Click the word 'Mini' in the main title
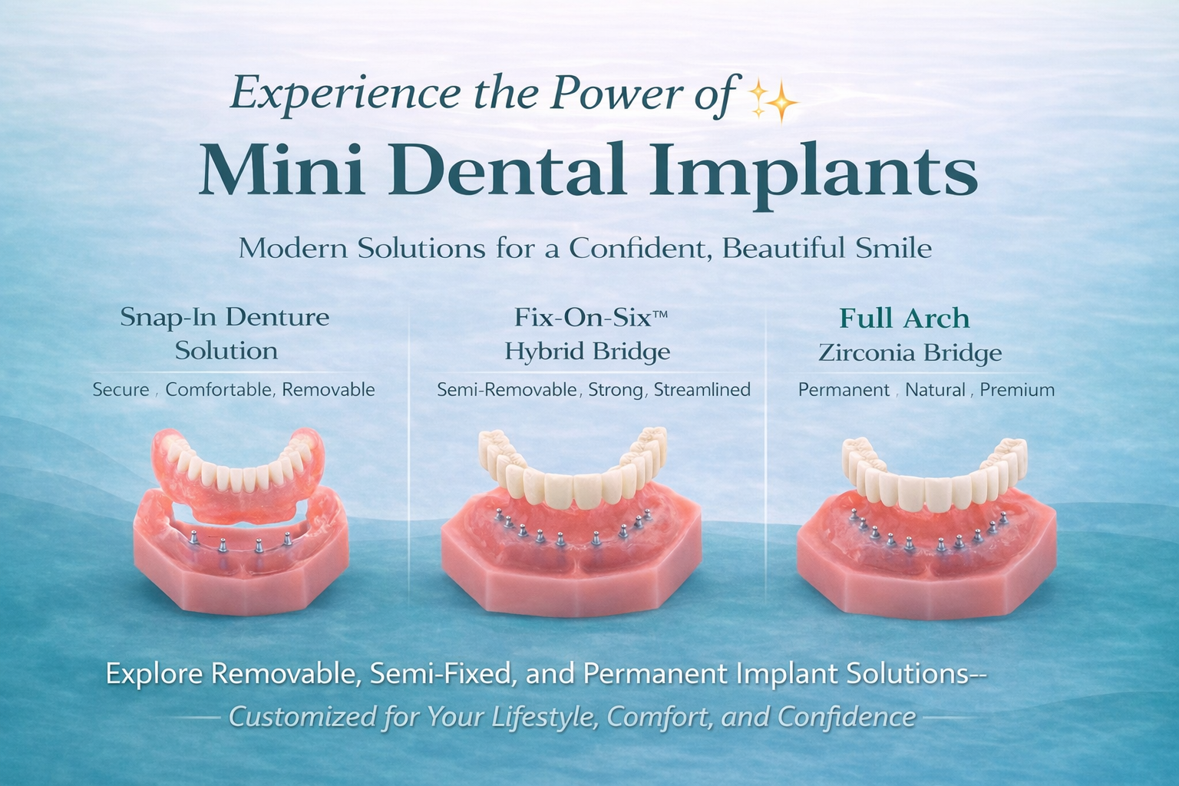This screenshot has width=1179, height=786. click(x=281, y=170)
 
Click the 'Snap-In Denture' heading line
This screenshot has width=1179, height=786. click(x=224, y=317)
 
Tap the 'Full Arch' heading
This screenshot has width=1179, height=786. click(x=904, y=318)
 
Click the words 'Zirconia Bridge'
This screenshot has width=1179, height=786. click(x=910, y=353)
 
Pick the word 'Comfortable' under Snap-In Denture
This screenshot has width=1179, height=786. click(x=219, y=390)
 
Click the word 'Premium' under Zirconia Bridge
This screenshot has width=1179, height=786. click(x=1017, y=390)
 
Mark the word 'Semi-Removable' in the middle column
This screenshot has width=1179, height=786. click(x=507, y=390)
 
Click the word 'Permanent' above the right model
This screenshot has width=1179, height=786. click(x=844, y=390)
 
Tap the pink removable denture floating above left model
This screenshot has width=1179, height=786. click(x=238, y=476)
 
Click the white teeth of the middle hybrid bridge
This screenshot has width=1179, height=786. click(x=572, y=480)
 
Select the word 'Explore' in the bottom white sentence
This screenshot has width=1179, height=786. click(x=154, y=674)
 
